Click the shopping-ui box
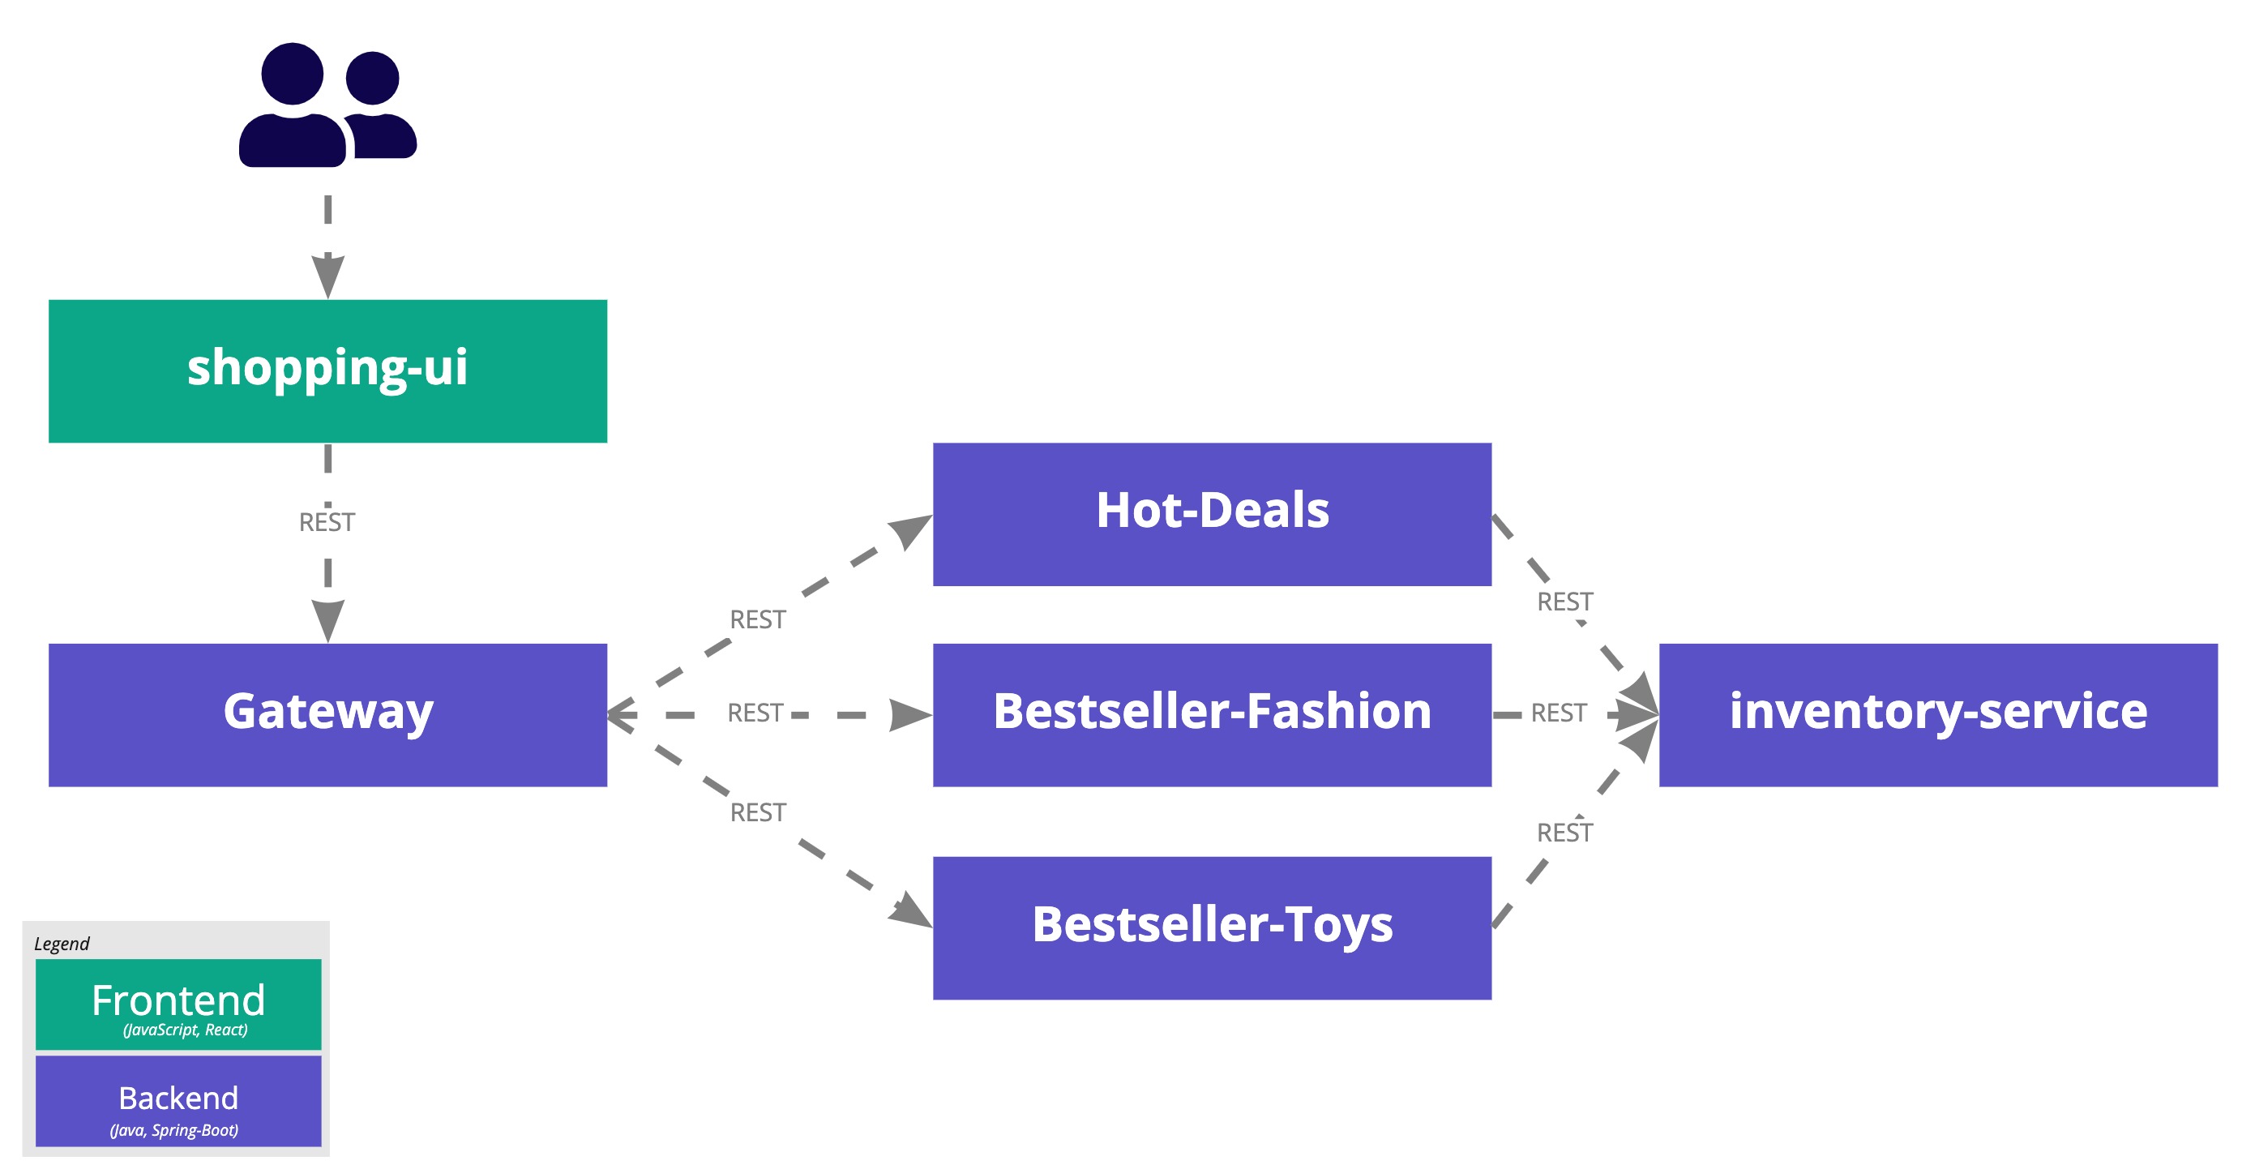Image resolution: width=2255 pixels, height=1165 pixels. (327, 371)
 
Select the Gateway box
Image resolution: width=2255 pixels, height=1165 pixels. (327, 714)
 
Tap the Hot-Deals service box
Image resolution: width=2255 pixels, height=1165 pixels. (1212, 514)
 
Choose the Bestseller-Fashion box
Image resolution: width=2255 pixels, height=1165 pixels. (1212, 714)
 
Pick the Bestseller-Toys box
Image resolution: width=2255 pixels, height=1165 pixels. (1212, 927)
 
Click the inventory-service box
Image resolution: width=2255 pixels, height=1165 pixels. (1937, 714)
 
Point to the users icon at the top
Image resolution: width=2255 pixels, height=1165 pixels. (327, 105)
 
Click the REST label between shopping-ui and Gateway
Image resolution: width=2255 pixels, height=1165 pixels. (327, 523)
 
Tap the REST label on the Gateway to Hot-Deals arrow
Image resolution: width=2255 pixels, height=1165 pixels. (757, 619)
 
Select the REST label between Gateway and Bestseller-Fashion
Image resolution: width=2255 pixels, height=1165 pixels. (755, 713)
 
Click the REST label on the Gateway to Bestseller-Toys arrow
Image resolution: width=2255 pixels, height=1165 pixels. (757, 812)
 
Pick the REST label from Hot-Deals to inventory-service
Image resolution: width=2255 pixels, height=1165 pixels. (1564, 602)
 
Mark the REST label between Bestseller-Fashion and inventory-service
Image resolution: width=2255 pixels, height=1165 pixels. (1558, 713)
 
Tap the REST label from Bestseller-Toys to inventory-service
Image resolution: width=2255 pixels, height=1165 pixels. (1564, 833)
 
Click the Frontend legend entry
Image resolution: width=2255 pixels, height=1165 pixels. (178, 1004)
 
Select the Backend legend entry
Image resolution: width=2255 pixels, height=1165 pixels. (178, 1100)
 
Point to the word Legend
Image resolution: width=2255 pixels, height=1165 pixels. (62, 944)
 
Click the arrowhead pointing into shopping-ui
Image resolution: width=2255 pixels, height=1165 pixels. (327, 276)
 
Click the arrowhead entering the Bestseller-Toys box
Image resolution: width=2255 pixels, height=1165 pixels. (912, 911)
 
